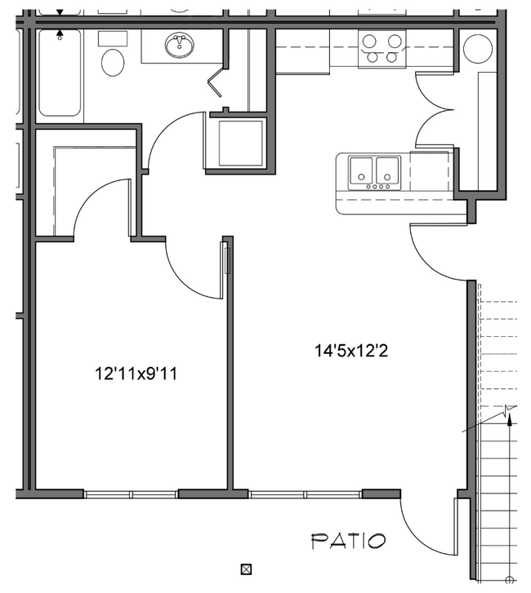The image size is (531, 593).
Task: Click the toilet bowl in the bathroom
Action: point(112,62)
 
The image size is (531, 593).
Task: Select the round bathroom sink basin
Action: point(179,46)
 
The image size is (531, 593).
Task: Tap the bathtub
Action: point(59,73)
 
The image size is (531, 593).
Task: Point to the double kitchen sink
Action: point(373,171)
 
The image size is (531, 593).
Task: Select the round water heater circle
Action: point(477,50)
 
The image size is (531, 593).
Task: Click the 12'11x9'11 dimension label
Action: point(136,374)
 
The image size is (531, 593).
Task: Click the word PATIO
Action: point(348,540)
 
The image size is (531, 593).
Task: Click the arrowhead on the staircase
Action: point(511,421)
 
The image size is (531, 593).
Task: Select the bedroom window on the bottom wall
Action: point(131,493)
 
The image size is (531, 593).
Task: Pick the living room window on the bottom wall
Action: point(306,493)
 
